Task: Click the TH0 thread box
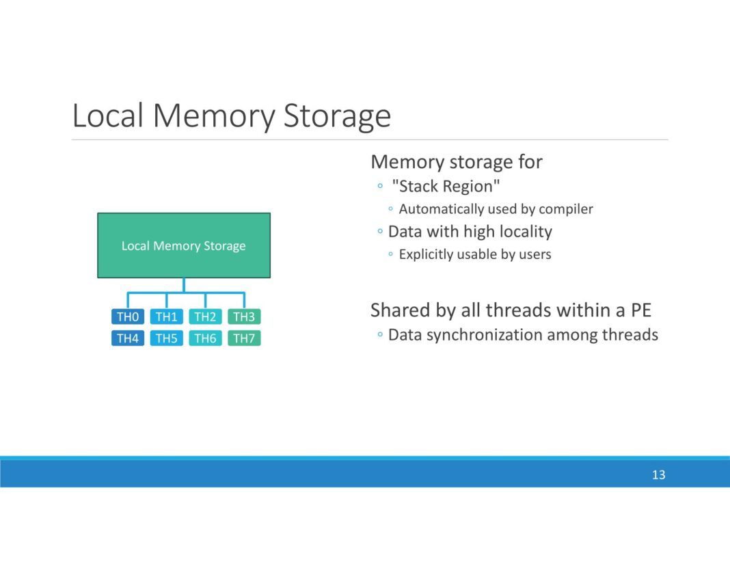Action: (x=128, y=317)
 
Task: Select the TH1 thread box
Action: (x=167, y=317)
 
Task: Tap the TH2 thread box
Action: (x=205, y=317)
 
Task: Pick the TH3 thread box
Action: (x=244, y=317)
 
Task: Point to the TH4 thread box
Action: (x=128, y=338)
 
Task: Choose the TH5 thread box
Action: (x=167, y=338)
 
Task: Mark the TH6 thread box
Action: (x=205, y=338)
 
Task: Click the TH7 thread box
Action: (x=244, y=338)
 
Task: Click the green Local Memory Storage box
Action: (x=183, y=245)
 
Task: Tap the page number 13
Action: (x=658, y=475)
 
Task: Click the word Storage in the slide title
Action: (x=337, y=116)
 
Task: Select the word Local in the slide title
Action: (x=107, y=116)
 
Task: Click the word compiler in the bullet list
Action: (x=566, y=209)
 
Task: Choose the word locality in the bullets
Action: (x=525, y=232)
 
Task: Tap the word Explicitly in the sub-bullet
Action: (x=428, y=254)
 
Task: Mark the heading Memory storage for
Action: (x=456, y=162)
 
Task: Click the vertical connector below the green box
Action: (x=184, y=285)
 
